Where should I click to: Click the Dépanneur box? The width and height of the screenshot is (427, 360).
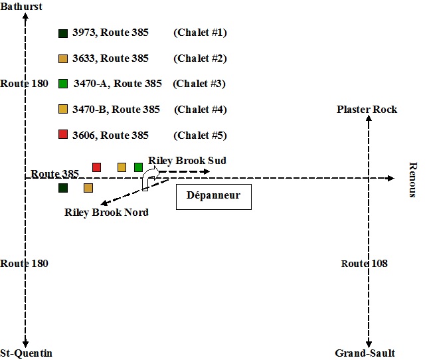[x=213, y=197]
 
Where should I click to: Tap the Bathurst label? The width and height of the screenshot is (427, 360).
[x=22, y=7]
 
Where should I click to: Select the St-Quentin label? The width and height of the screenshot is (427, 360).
[x=26, y=353]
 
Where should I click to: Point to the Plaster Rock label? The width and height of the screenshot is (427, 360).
[x=367, y=109]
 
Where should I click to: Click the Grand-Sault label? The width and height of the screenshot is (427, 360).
[x=365, y=353]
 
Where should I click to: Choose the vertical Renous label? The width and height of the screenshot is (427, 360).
[x=412, y=179]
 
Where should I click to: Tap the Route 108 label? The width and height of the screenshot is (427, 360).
[x=365, y=264]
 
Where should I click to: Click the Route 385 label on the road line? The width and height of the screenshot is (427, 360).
[x=54, y=174]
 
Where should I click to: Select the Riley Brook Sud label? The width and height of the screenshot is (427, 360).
[x=187, y=161]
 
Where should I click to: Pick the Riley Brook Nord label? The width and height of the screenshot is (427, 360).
[x=106, y=213]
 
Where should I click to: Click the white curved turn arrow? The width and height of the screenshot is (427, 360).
[x=149, y=178]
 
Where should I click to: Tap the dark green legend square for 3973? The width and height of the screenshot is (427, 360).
[x=63, y=33]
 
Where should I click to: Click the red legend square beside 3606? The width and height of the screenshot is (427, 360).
[x=63, y=135]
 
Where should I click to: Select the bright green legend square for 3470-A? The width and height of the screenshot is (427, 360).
[x=63, y=84]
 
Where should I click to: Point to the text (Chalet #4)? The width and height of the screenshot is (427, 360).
[x=200, y=110]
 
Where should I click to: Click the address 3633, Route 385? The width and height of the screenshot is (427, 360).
[x=110, y=58]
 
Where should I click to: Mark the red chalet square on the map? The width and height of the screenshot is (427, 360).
[x=96, y=167]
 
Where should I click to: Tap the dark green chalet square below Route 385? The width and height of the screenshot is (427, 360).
[x=63, y=188]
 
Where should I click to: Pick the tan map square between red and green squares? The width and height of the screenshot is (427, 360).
[x=122, y=167]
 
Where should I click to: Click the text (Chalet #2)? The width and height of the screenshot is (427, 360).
[x=200, y=58]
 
